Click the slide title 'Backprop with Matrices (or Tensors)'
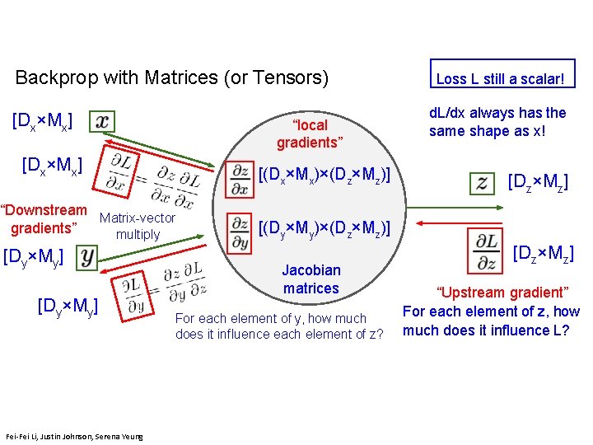(172, 78)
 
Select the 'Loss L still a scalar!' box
(501, 79)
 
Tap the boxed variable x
(101, 121)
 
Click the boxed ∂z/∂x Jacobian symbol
(240, 178)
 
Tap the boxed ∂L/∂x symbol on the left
(125, 174)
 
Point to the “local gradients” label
(310, 133)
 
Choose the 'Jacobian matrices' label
(311, 279)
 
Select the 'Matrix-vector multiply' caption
(137, 226)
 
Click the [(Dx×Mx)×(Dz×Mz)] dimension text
(324, 176)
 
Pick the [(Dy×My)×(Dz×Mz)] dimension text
(324, 227)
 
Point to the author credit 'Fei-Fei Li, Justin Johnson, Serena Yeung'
(73, 436)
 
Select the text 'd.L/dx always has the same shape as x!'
(497, 122)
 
